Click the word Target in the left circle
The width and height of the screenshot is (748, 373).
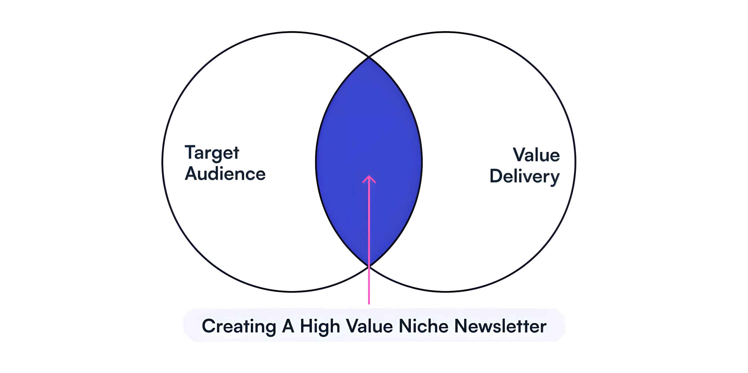click(x=212, y=153)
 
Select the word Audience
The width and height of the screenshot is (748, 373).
click(x=225, y=174)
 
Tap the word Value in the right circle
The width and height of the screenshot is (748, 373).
click(x=536, y=155)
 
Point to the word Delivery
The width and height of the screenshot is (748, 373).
click(x=525, y=176)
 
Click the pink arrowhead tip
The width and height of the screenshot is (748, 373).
click(x=369, y=176)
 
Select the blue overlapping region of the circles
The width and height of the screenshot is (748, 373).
click(x=369, y=130)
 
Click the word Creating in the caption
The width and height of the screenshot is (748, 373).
click(x=239, y=326)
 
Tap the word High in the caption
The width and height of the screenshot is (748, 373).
click(x=320, y=326)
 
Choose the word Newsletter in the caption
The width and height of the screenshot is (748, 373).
click(x=500, y=326)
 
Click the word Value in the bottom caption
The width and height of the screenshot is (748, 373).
click(x=369, y=326)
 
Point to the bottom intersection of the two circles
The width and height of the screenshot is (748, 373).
click(x=369, y=266)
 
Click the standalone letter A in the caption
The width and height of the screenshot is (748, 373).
click(x=288, y=326)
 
